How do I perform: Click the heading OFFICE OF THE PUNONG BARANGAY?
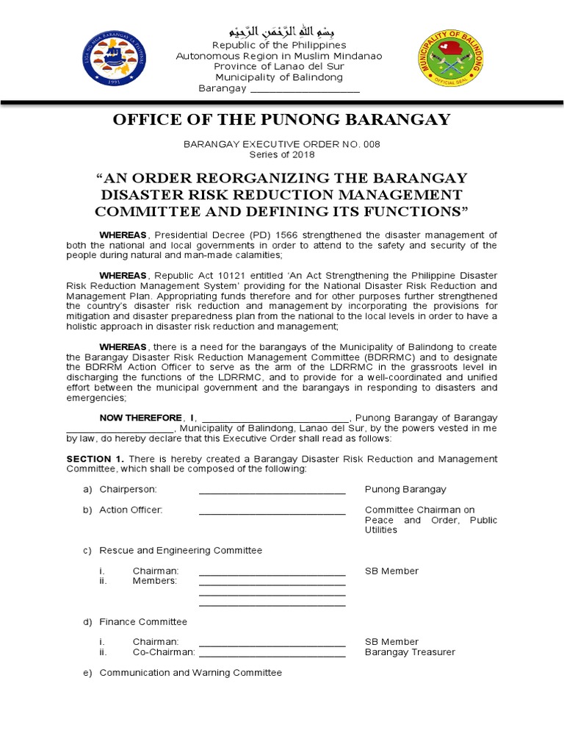coord(281,120)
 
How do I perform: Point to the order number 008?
coord(371,144)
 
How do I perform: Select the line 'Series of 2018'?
coord(281,155)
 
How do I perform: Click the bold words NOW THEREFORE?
coord(140,418)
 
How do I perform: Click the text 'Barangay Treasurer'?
coord(410,652)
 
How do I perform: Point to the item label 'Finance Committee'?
coord(143,622)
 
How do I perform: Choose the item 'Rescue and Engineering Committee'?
coord(181,551)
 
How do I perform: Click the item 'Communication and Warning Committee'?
coord(190,673)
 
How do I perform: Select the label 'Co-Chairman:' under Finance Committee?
coord(164,652)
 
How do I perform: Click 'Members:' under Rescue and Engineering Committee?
coord(155,582)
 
